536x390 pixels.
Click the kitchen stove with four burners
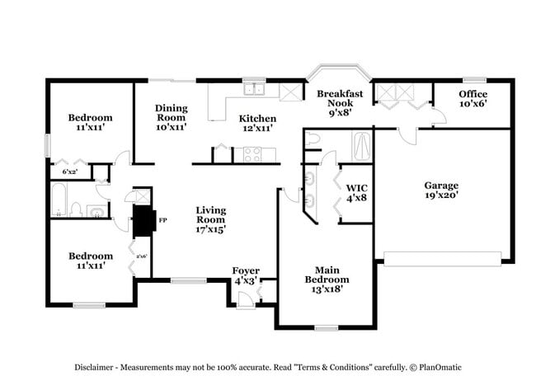click(x=252, y=154)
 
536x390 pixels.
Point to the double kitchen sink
click(x=253, y=89)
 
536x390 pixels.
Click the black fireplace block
click(x=143, y=221)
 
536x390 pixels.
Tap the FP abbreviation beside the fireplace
click(x=162, y=221)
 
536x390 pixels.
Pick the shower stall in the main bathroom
click(x=363, y=147)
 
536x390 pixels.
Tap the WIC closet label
click(x=356, y=192)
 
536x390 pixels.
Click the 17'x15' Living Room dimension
click(x=210, y=229)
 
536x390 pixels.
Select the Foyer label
click(x=246, y=270)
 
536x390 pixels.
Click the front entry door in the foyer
click(x=245, y=303)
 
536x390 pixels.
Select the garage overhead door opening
click(x=442, y=264)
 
